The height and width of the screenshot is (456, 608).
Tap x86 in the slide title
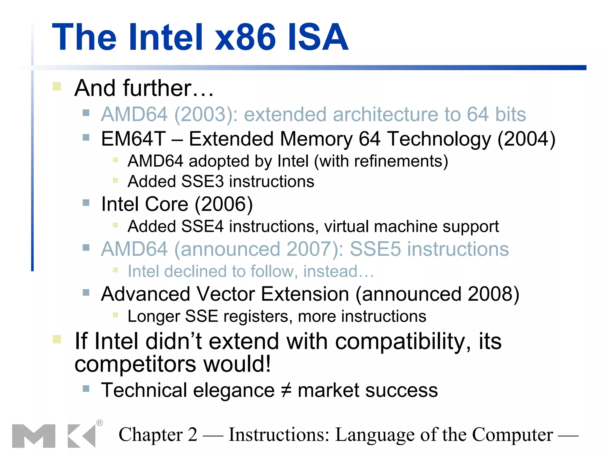point(245,37)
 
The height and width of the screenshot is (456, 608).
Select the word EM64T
point(133,139)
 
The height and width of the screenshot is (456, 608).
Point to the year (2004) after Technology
point(526,139)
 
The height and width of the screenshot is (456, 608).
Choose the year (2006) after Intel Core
point(224,204)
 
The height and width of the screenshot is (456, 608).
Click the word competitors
point(135,365)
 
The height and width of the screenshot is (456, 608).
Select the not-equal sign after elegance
point(286,390)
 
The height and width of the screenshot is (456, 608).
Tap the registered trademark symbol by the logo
point(100,423)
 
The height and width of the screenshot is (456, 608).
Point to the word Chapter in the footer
point(151,435)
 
